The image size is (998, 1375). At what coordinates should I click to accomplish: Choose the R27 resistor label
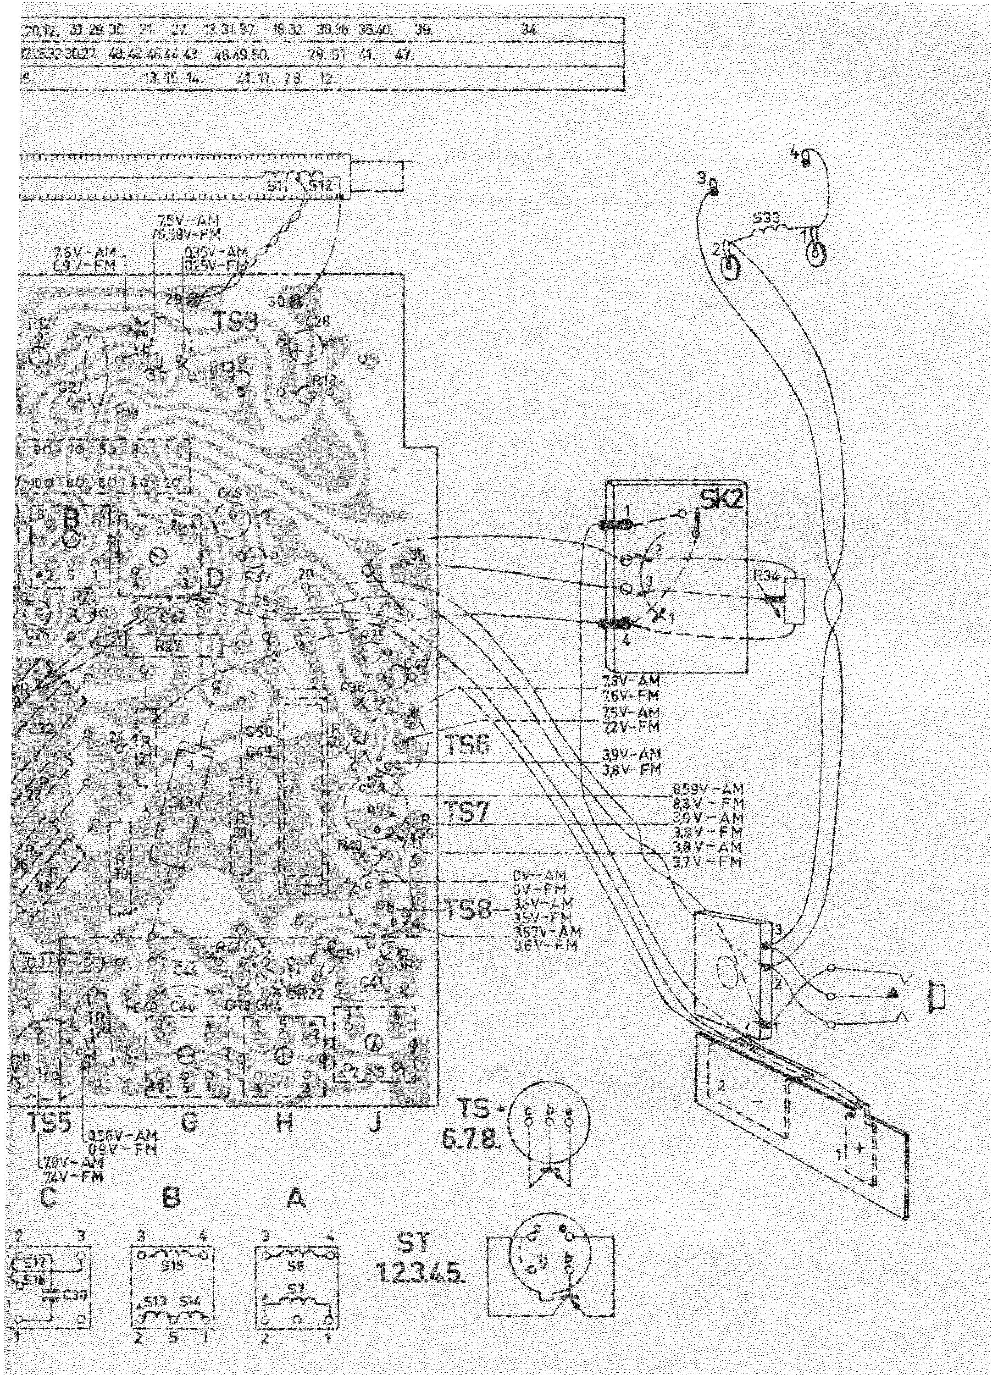[x=168, y=646]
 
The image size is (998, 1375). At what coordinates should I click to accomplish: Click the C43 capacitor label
[x=180, y=803]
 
